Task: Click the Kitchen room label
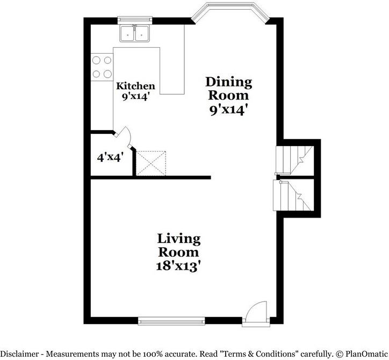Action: pos(135,86)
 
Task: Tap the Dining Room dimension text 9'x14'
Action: pos(229,110)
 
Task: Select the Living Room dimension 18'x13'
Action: pos(178,266)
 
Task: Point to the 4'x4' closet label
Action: pos(110,157)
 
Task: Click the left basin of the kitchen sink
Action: pos(127,34)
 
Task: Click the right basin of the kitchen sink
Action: pos(142,34)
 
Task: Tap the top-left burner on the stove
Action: pos(96,60)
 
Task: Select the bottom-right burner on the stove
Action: pos(107,74)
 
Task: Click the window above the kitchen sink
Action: pos(134,20)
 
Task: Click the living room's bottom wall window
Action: pos(171,321)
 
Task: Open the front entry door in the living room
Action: pos(256,313)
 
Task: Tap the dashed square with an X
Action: pos(151,163)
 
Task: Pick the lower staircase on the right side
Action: pos(293,196)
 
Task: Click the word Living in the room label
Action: pos(179,239)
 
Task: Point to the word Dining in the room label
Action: pos(229,83)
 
